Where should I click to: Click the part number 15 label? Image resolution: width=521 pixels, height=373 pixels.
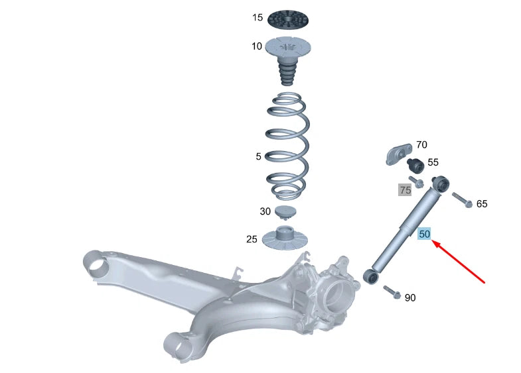click(258, 18)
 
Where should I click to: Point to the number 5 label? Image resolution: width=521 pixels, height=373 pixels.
click(259, 157)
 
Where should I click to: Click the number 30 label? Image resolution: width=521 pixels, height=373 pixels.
click(265, 212)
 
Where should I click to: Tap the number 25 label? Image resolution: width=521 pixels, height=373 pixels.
click(252, 239)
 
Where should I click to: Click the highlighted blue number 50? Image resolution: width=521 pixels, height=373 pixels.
click(425, 234)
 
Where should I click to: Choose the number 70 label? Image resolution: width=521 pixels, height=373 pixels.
click(421, 145)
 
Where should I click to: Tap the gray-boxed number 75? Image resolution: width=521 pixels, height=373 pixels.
click(405, 190)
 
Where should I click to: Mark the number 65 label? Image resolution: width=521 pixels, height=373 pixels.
click(482, 204)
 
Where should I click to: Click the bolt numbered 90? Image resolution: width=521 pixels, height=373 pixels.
click(391, 292)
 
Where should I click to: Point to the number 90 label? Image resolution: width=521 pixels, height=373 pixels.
click(410, 298)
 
